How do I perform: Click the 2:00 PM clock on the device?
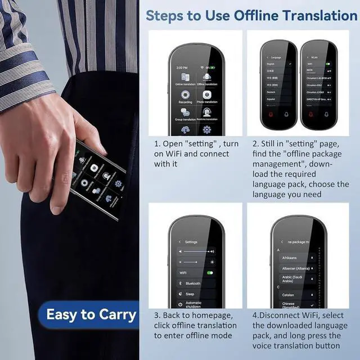(182, 67)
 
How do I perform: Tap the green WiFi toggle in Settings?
(210, 272)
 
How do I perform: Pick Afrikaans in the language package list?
(289, 258)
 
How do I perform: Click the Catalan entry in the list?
(288, 294)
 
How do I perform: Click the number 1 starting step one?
(157, 144)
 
